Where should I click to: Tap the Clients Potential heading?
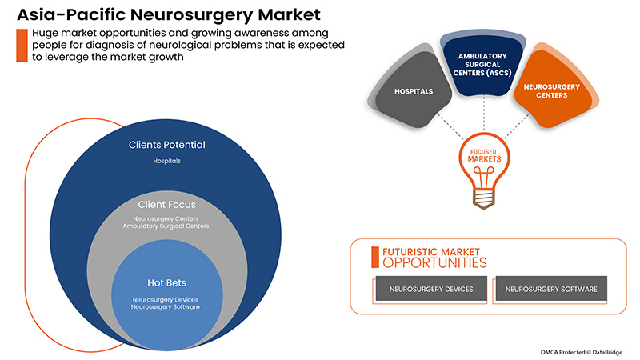click(x=167, y=145)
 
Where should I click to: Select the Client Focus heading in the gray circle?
click(x=167, y=204)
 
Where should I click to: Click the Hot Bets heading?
click(x=167, y=282)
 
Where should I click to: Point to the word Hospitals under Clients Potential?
click(x=167, y=161)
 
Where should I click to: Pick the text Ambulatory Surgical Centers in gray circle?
click(x=167, y=226)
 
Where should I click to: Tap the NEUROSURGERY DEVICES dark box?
click(x=431, y=288)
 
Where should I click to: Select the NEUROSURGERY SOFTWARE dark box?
click(x=550, y=288)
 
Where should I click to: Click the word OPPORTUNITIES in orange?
click(x=434, y=262)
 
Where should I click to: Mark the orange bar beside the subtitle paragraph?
click(x=20, y=45)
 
